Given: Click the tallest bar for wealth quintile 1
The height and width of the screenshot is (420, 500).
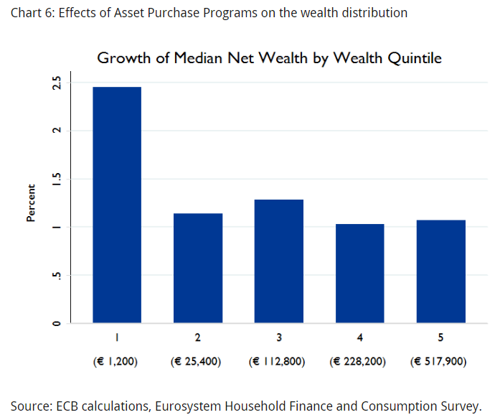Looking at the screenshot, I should [116, 205].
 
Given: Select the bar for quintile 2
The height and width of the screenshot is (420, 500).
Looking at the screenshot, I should [197, 268].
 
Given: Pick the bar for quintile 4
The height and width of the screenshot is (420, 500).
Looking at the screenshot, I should [359, 274].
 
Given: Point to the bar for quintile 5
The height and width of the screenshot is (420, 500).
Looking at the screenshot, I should [440, 271].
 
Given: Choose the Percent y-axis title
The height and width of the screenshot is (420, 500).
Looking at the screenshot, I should [31, 203].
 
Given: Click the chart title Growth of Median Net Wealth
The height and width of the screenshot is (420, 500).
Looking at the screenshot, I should [269, 58].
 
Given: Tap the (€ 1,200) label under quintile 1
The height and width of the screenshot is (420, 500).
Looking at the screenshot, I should [116, 362].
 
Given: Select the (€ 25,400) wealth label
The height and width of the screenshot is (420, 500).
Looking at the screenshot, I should [197, 362].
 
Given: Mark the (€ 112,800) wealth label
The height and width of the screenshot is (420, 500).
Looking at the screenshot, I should [278, 362].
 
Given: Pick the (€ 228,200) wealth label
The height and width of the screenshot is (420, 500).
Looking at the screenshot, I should [359, 362].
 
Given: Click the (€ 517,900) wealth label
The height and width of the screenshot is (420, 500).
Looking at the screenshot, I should [439, 362].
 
